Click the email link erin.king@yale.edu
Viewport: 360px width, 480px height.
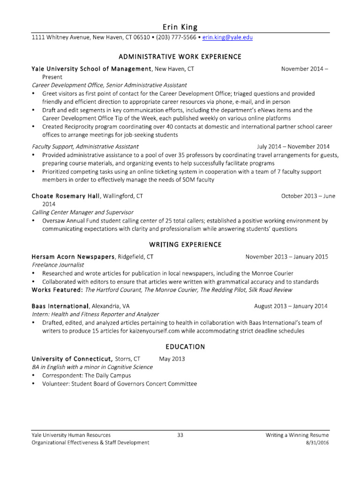[227, 37]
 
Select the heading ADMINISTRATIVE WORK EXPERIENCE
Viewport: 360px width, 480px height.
[180, 57]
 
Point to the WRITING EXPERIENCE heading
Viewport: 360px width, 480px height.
[185, 245]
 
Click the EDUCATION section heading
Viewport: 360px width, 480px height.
[185, 347]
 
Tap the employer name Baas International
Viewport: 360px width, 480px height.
[60, 306]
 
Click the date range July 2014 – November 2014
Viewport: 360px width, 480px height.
[293, 146]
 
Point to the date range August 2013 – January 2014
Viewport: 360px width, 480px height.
[291, 306]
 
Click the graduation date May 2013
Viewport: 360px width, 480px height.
[172, 359]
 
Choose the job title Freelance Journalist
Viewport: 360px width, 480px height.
[54, 265]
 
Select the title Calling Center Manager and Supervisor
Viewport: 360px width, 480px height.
[82, 212]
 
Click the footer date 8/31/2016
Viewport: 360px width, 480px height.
[317, 442]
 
